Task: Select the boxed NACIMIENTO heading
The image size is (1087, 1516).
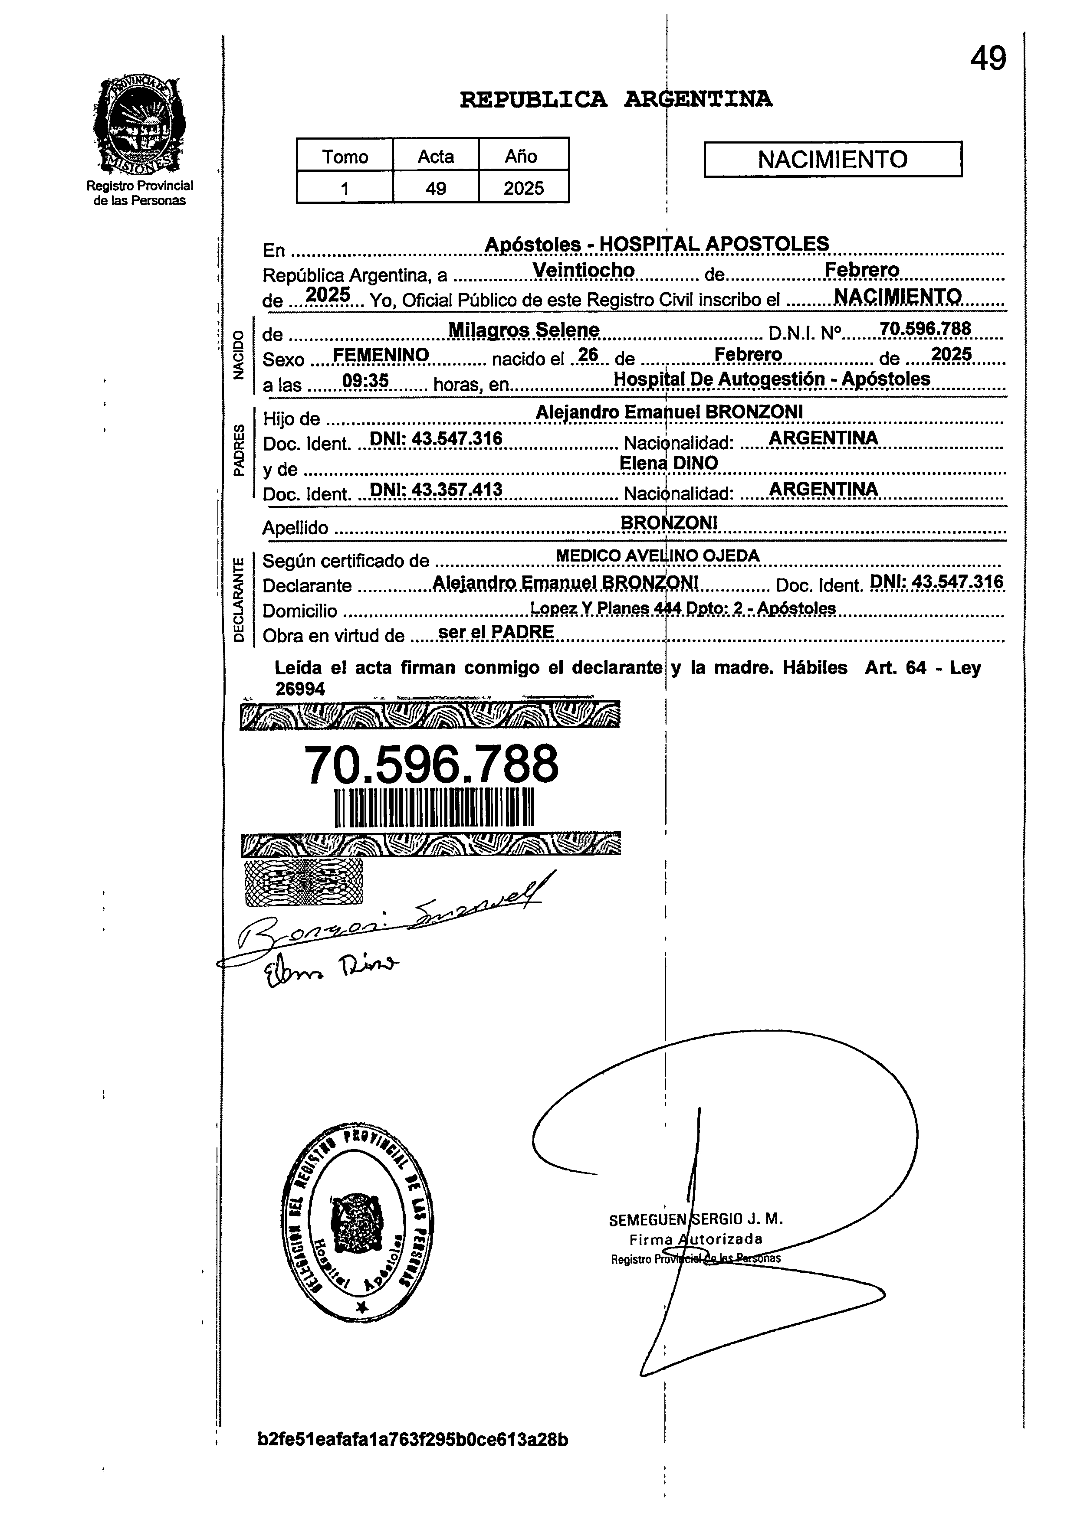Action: (x=832, y=159)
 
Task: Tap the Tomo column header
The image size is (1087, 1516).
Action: (x=345, y=157)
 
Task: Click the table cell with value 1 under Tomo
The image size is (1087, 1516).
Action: (x=345, y=189)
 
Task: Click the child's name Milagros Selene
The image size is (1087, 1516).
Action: (x=523, y=330)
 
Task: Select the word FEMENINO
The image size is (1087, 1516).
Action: (x=381, y=355)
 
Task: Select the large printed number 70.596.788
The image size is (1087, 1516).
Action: (x=431, y=764)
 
